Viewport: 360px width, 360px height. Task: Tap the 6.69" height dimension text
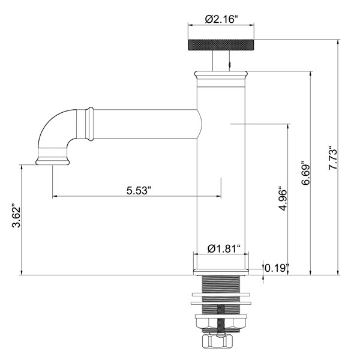coord(307,173)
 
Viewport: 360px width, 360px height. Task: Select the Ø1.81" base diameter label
coord(224,248)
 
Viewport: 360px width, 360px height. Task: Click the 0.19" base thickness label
coord(278,267)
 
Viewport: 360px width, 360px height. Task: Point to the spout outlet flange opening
coord(52,161)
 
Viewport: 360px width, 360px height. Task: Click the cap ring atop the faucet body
coord(221,75)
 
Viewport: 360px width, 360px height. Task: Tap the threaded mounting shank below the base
coord(221,285)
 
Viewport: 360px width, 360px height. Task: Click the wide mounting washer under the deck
coord(221,295)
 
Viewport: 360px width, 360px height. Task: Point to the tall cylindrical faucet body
coord(221,174)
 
